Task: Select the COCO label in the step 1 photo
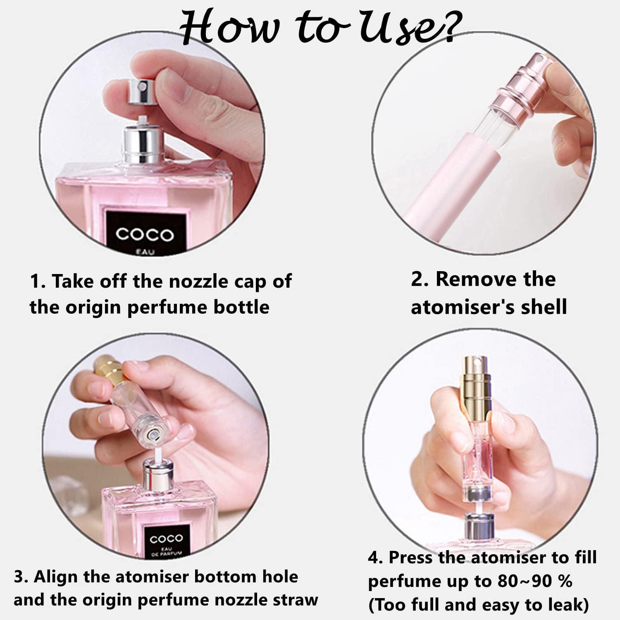144,234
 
